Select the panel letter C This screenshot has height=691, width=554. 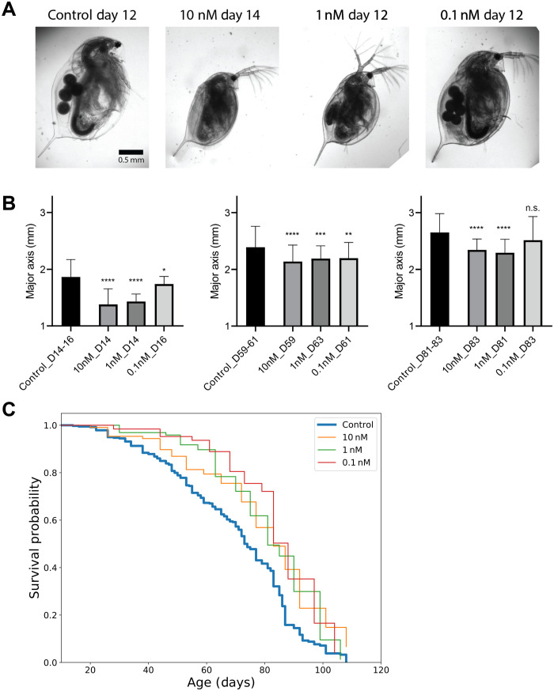click(x=10, y=409)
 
